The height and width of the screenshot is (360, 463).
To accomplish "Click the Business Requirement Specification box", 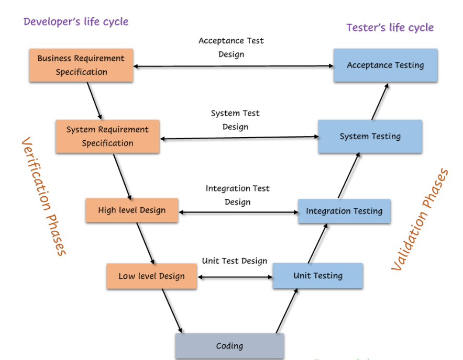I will (x=81, y=65).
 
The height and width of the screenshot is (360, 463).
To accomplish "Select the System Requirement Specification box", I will (x=107, y=137).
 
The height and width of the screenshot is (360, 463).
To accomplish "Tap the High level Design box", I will (x=132, y=210).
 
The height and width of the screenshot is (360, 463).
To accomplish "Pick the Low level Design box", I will (x=151, y=276).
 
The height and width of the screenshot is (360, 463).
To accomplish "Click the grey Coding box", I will (x=229, y=346).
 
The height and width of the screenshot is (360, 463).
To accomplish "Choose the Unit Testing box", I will (x=318, y=276).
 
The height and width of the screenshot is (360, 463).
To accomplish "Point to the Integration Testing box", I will (x=344, y=211).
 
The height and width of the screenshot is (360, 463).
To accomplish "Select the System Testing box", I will (x=370, y=137).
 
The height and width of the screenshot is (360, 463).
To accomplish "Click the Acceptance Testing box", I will (x=385, y=65).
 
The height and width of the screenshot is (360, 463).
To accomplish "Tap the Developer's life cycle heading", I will (x=76, y=21).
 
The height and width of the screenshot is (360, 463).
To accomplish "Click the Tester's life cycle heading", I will (x=390, y=27).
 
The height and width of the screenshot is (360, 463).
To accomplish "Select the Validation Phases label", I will (x=420, y=220).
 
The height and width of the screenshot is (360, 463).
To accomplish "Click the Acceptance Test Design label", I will (x=231, y=47).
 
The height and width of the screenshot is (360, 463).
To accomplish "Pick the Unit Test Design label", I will (x=235, y=261).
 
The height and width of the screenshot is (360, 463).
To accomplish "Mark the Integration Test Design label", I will (x=238, y=195).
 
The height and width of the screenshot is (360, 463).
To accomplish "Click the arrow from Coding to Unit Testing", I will (x=286, y=311).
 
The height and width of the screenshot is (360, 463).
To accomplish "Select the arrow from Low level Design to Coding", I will (x=172, y=311).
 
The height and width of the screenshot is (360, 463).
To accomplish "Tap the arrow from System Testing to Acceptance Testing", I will (x=380, y=101).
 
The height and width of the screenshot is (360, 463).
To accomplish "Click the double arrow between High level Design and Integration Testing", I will (x=238, y=212).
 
